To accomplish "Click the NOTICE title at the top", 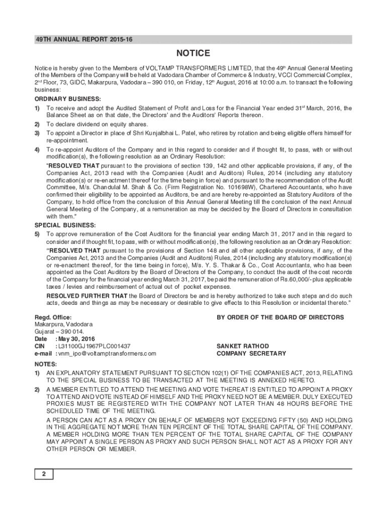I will (192, 54).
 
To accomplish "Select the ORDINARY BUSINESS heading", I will (67, 99).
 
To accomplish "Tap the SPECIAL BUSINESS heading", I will (65, 225).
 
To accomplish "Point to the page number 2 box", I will (44, 474).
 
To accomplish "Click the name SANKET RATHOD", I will (242, 347).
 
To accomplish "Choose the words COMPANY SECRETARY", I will (251, 354).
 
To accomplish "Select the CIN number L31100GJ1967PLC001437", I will (94, 347).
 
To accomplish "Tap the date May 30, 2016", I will (76, 339).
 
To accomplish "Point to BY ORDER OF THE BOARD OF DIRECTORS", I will (280, 317).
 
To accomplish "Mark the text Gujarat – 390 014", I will (56, 332).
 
